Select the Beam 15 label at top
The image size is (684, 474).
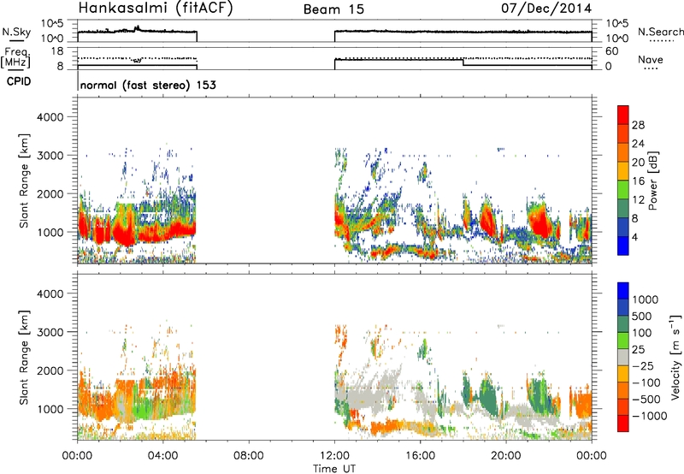pos(333,9)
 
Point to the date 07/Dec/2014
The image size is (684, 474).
pos(546,9)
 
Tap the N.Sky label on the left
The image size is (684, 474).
pos(16,32)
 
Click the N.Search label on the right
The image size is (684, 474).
pos(660,32)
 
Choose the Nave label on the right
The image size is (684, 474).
pos(651,60)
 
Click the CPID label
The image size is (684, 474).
pos(19,81)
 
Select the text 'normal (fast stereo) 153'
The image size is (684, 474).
pos(148,85)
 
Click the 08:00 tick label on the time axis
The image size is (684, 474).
pos(249,456)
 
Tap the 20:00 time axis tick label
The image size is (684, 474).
pos(506,456)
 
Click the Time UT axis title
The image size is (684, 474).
pos(334,469)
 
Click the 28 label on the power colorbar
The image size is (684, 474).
pos(638,125)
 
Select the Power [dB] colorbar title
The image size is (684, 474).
pos(653,181)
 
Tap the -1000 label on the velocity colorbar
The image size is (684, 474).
pos(650,416)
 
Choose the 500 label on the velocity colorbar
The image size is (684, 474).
pos(641,317)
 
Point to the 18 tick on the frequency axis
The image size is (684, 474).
pos(58,51)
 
